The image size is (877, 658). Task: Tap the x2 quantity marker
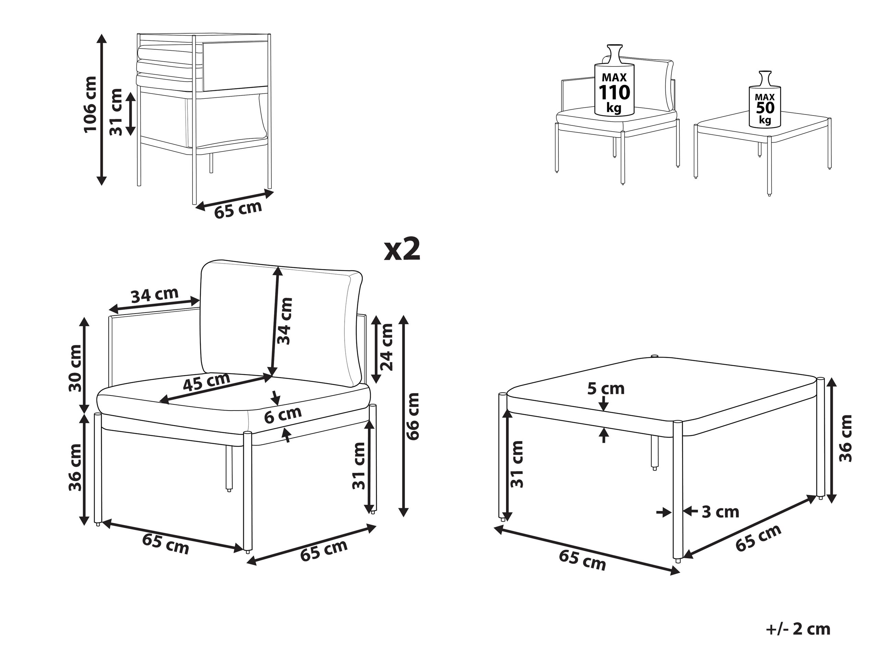[x=403, y=249]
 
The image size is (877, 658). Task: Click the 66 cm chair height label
[x=413, y=416]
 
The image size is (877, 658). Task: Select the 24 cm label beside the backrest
[x=386, y=347]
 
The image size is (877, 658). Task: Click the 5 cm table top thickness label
[x=606, y=389]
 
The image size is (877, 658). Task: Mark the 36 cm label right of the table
[x=846, y=438]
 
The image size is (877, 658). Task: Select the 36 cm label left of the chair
[x=75, y=467]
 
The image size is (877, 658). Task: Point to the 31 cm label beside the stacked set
[x=116, y=112]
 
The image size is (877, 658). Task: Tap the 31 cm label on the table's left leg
[x=517, y=464]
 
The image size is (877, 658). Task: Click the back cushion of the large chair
[x=282, y=323]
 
